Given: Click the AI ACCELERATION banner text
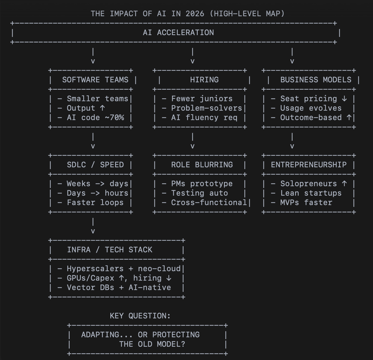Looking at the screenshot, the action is pyautogui.click(x=178, y=32).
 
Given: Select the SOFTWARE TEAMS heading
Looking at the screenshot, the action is pyautogui.click(x=95, y=80).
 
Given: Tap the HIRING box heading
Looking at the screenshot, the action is pyautogui.click(x=204, y=80).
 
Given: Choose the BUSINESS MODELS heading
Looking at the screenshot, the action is pyautogui.click(x=316, y=80).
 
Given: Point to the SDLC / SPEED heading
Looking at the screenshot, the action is pyautogui.click(x=95, y=165).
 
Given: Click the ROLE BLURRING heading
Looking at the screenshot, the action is pyautogui.click(x=202, y=165).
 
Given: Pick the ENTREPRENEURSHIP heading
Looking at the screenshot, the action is pyautogui.click(x=309, y=165).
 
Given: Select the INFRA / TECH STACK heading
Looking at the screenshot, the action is pyautogui.click(x=109, y=250).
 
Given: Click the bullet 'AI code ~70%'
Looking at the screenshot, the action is pyautogui.click(x=95, y=117).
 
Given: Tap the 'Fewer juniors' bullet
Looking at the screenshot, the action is pyautogui.click(x=202, y=99).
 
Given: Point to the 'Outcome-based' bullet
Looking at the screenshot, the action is pyautogui.click(x=311, y=117).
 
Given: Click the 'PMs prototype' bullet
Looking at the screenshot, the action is pyautogui.click(x=202, y=184).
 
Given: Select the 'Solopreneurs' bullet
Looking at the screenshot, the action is pyautogui.click(x=309, y=184).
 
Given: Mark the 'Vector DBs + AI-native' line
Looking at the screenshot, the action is pyautogui.click(x=119, y=287).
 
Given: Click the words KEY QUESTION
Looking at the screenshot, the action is pyautogui.click(x=140, y=316).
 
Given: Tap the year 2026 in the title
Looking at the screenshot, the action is pyautogui.click(x=195, y=14).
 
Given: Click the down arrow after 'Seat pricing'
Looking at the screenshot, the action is pyautogui.click(x=344, y=99).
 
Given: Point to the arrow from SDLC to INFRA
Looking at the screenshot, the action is pyautogui.click(x=93, y=226).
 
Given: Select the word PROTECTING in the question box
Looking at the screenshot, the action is pyautogui.click(x=176, y=335).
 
